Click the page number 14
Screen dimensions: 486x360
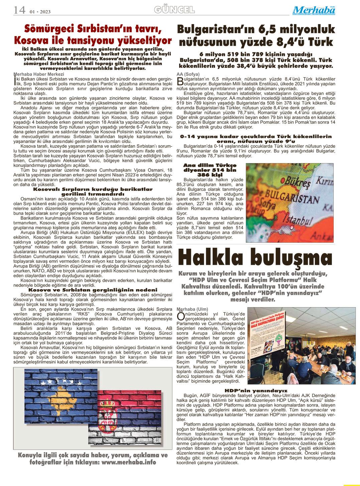coord(19,10)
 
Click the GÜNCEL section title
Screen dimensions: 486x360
coord(175,10)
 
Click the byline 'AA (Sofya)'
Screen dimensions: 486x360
coord(188,74)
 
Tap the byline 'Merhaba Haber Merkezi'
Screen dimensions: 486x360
coord(39,74)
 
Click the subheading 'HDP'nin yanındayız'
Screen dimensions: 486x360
coord(256,391)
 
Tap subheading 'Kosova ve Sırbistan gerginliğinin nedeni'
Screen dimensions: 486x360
coord(93,289)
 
